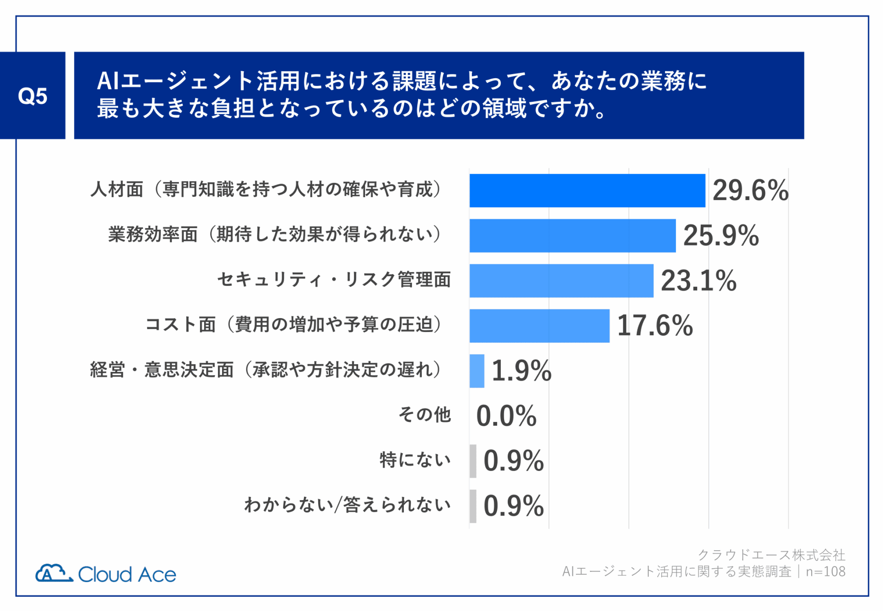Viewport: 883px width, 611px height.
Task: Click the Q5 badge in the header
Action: pyautogui.click(x=32, y=96)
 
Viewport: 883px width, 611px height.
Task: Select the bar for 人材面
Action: pyautogui.click(x=587, y=190)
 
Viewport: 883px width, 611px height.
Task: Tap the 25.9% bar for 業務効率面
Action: pyautogui.click(x=572, y=235)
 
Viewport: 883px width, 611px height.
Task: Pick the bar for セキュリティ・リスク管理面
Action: pyautogui.click(x=561, y=280)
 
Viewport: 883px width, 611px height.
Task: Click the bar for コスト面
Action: pyautogui.click(x=539, y=325)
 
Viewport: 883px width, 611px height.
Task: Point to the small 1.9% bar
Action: pyautogui.click(x=476, y=371)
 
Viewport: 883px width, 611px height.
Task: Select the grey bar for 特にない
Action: pyautogui.click(x=473, y=461)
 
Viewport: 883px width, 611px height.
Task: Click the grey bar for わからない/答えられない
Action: pyautogui.click(x=473, y=506)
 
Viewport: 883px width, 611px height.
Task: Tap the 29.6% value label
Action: pyautogui.click(x=750, y=190)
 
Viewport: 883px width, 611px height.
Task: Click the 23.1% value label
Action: pyautogui.click(x=698, y=280)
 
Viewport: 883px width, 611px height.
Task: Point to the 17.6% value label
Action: pyautogui.click(x=654, y=325)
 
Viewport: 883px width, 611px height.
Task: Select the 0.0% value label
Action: pyautogui.click(x=506, y=416)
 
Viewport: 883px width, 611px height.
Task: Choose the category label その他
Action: pyautogui.click(x=424, y=415)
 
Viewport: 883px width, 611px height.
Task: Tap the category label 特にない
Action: pyautogui.click(x=415, y=460)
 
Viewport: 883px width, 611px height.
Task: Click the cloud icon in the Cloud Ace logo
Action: pyautogui.click(x=53, y=573)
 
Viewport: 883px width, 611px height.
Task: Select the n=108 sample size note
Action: pyautogui.click(x=826, y=571)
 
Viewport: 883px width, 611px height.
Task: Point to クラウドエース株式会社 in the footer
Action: pyautogui.click(x=771, y=555)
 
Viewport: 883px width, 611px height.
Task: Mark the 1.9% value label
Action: pyautogui.click(x=521, y=371)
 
